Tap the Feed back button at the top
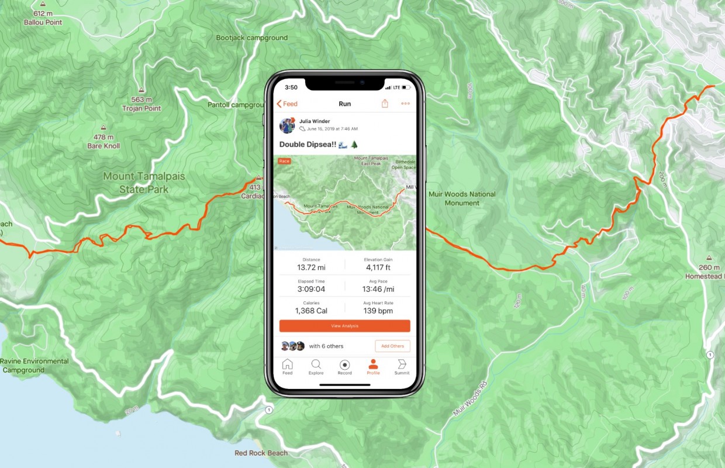coord(287,104)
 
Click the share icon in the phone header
coord(385,104)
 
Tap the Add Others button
coord(392,346)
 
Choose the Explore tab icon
coord(316,364)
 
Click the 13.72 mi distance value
coord(311,267)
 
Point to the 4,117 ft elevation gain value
coord(378,267)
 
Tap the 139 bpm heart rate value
coord(378,311)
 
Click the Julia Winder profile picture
coord(287,125)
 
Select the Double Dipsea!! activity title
coord(308,144)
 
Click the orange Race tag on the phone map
coord(284,161)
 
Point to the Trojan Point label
coord(141,108)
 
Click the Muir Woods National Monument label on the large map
coord(462,198)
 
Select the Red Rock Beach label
coord(261,453)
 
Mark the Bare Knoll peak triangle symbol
coord(103,127)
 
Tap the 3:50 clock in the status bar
coord(291,87)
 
